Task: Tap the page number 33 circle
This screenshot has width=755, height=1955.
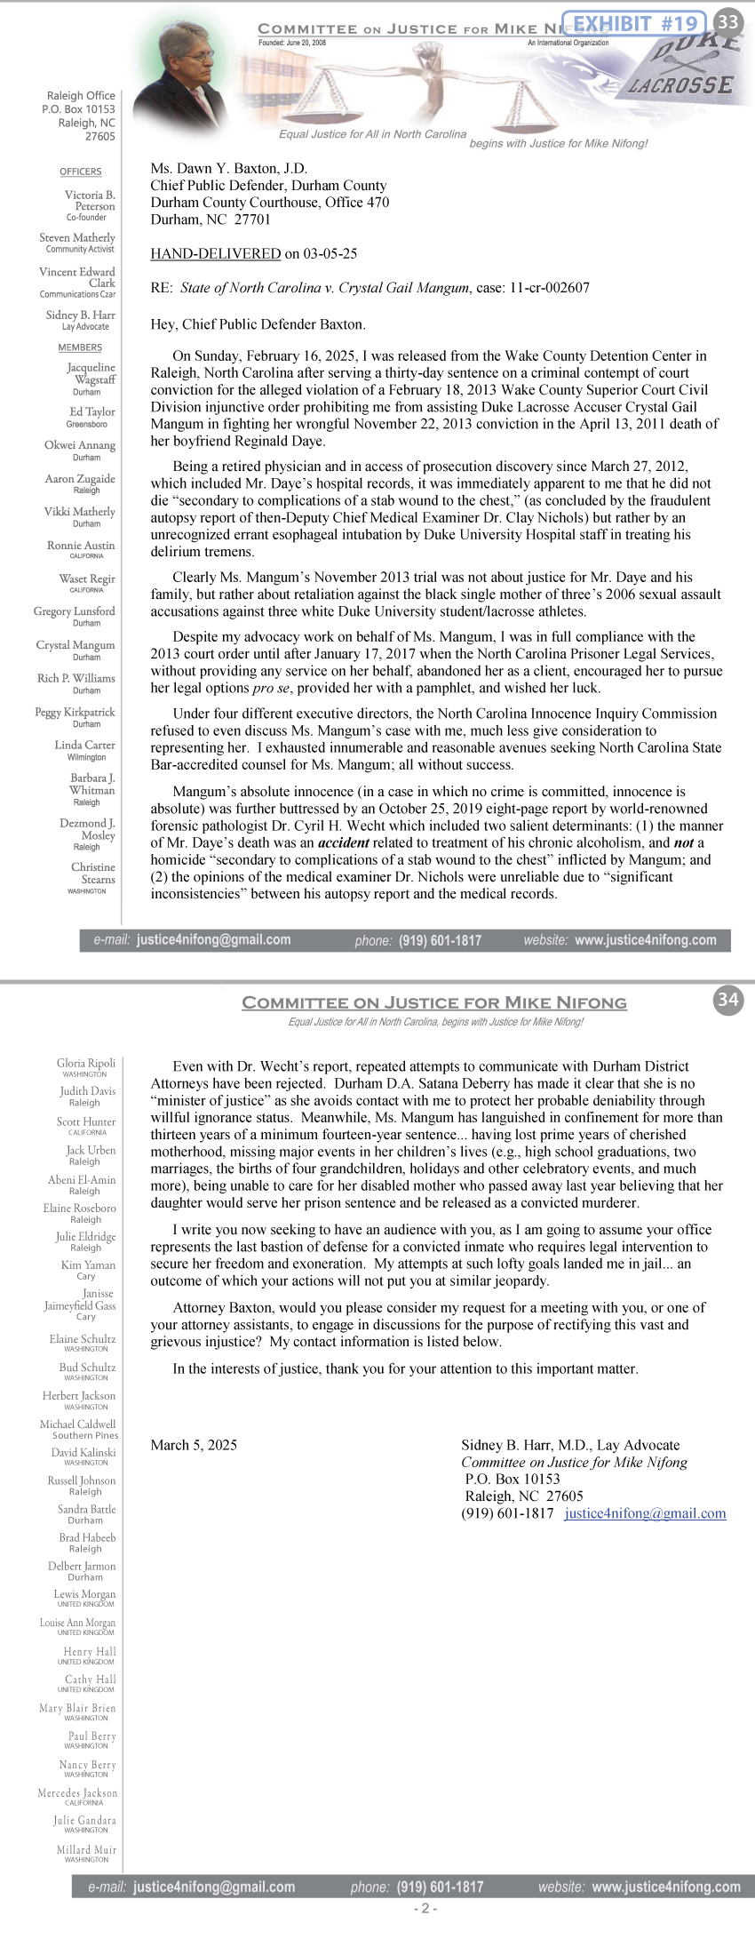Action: click(x=728, y=21)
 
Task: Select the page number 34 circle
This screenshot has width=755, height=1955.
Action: click(x=728, y=999)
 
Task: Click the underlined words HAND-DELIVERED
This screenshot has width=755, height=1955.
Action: click(x=216, y=254)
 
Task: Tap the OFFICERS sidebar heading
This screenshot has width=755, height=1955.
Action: click(x=81, y=172)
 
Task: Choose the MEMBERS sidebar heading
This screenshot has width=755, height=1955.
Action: click(x=81, y=347)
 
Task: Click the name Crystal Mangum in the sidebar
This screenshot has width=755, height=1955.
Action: click(x=75, y=645)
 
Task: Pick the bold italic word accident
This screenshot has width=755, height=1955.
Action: click(x=343, y=843)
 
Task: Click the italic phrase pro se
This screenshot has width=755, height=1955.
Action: click(x=263, y=688)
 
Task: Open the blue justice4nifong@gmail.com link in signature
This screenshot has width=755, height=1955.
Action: click(x=645, y=1513)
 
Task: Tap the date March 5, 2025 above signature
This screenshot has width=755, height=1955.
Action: click(x=194, y=1445)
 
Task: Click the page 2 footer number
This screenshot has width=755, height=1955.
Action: click(x=425, y=1908)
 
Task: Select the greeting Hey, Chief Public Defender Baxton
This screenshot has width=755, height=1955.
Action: click(x=258, y=324)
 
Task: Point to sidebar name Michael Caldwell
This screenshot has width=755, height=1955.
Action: click(x=78, y=1424)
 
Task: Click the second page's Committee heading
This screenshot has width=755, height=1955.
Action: click(x=434, y=1002)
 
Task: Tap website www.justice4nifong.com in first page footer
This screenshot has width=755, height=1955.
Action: click(x=645, y=940)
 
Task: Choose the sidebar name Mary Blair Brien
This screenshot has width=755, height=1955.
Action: click(x=78, y=1708)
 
